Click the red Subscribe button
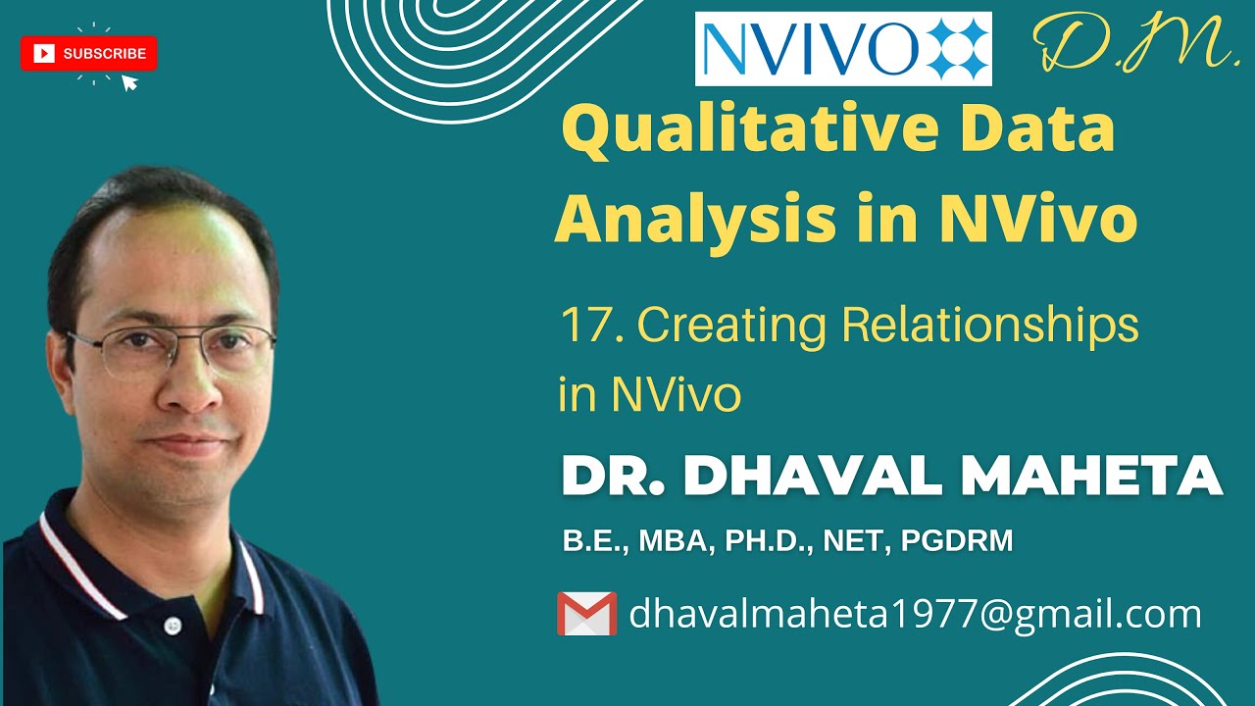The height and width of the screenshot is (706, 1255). point(88,54)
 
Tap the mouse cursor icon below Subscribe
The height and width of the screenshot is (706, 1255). point(128,82)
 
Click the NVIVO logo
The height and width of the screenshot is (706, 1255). point(843,49)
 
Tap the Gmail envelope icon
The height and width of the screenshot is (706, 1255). point(586,614)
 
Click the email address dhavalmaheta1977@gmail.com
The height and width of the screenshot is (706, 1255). point(914,614)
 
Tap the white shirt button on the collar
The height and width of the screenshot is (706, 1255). point(173,624)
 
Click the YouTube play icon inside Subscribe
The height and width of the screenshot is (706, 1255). point(44,54)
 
